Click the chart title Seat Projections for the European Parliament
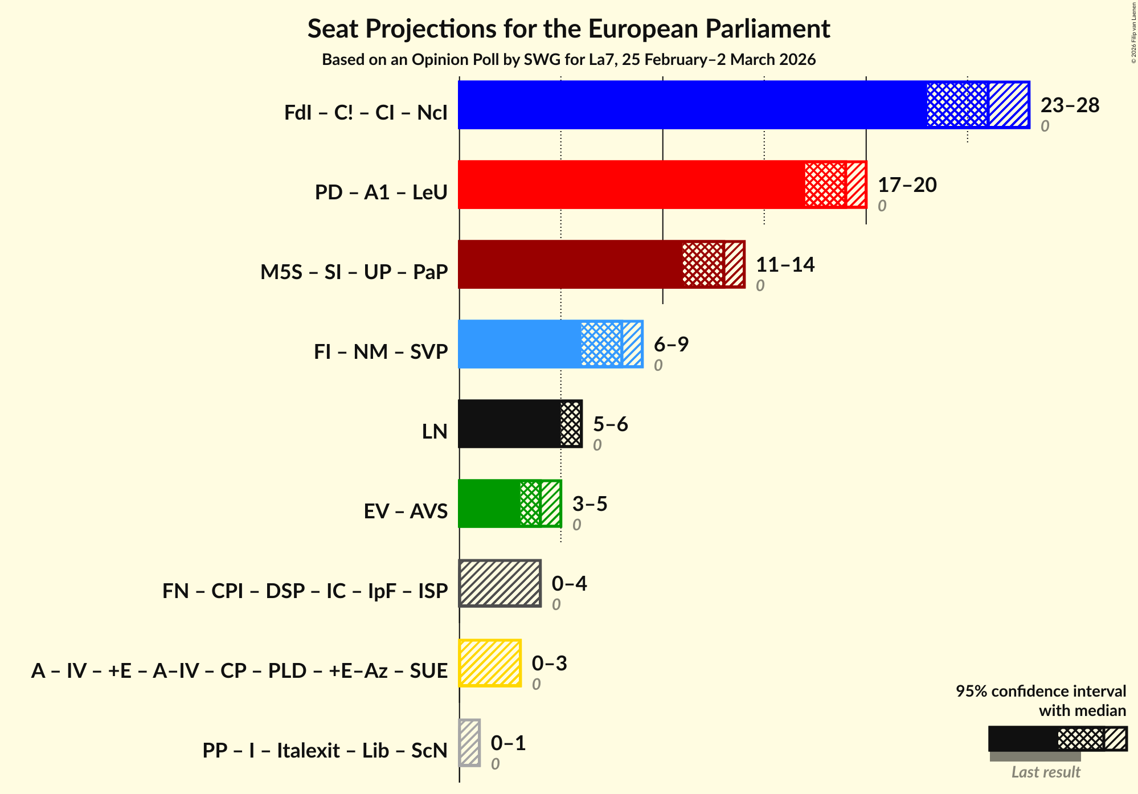(568, 28)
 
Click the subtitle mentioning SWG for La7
(568, 60)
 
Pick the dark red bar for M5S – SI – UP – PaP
(570, 264)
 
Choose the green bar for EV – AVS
(489, 504)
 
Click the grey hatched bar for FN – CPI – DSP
(500, 583)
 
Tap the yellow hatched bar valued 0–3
(490, 663)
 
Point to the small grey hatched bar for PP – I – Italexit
(470, 743)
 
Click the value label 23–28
(1070, 105)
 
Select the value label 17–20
(907, 185)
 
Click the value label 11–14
(785, 265)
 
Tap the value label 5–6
(610, 424)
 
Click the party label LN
(435, 431)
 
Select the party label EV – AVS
(406, 511)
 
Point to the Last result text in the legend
(1046, 772)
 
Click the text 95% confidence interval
(1041, 691)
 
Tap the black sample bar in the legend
(1022, 739)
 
